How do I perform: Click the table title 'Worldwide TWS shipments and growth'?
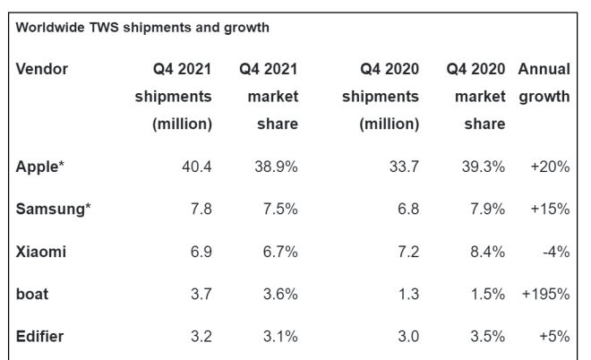(x=142, y=28)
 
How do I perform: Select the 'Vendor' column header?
(x=42, y=69)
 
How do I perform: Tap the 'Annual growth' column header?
(x=544, y=82)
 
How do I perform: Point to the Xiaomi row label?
(x=41, y=253)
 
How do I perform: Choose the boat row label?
(x=32, y=295)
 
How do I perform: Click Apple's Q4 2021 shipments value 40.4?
(x=197, y=167)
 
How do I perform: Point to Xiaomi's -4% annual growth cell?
(x=555, y=253)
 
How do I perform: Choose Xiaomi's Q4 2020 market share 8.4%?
(x=485, y=253)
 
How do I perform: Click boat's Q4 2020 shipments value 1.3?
(x=408, y=295)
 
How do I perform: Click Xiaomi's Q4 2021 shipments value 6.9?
(x=201, y=253)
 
